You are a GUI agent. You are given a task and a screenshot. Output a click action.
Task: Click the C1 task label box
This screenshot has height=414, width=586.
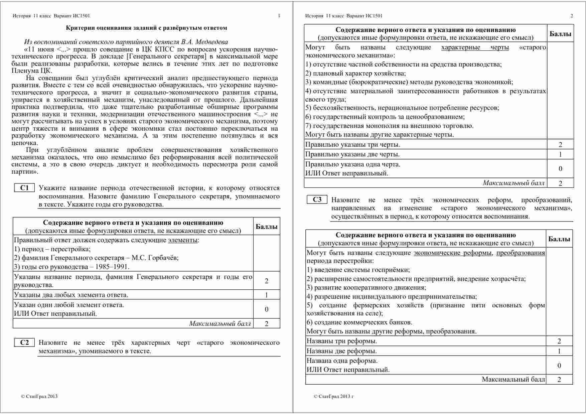coord(24,188)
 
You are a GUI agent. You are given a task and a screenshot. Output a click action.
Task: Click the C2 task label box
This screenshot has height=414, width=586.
coord(24,342)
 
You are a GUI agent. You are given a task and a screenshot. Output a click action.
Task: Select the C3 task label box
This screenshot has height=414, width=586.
coord(317,200)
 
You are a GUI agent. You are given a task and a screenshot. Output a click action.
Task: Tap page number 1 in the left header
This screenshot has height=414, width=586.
coord(279,16)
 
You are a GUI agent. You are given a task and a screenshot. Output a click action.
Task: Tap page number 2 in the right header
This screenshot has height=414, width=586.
coord(572,16)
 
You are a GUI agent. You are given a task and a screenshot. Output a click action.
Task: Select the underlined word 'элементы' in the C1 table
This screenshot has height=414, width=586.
coord(182,240)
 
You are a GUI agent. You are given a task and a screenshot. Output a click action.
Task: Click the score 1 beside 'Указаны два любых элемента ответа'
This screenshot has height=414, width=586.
coord(266,295)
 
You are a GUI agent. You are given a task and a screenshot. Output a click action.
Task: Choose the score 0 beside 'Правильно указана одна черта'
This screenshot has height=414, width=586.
coord(560,169)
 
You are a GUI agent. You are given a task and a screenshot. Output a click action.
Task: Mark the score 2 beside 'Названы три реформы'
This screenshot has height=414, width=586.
coord(559,341)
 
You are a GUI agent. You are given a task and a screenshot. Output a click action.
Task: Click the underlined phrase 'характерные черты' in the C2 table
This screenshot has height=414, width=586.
coord(475,47)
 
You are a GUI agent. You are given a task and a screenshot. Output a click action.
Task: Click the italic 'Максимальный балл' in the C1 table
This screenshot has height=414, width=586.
coord(220,323)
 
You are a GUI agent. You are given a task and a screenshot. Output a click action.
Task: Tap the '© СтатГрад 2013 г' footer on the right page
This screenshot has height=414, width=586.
coord(333,397)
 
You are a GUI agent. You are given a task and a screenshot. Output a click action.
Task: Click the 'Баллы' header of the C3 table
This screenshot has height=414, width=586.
coord(559,239)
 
